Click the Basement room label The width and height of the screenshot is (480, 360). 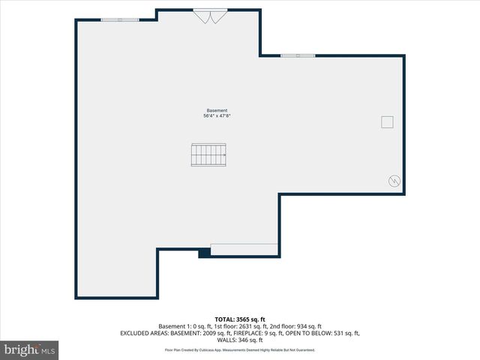coord(217,110)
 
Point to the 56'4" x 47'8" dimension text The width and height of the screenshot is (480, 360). coord(217,116)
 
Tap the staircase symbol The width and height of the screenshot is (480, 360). coord(209,155)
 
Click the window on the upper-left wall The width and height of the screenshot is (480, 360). coord(120,19)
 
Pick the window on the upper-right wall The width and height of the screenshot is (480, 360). coord(298,55)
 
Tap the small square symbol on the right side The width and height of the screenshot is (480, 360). coord(387,122)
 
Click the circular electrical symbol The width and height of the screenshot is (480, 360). coord(394,181)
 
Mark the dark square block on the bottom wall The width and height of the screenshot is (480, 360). coord(204,253)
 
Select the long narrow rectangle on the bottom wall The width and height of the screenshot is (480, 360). coord(244,250)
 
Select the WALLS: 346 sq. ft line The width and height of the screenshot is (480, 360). coord(239,340)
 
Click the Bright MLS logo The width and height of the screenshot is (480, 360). coord(30,349)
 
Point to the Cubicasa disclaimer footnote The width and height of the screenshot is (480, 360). coord(239,350)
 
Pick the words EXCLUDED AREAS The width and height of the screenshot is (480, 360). coord(142,333)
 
